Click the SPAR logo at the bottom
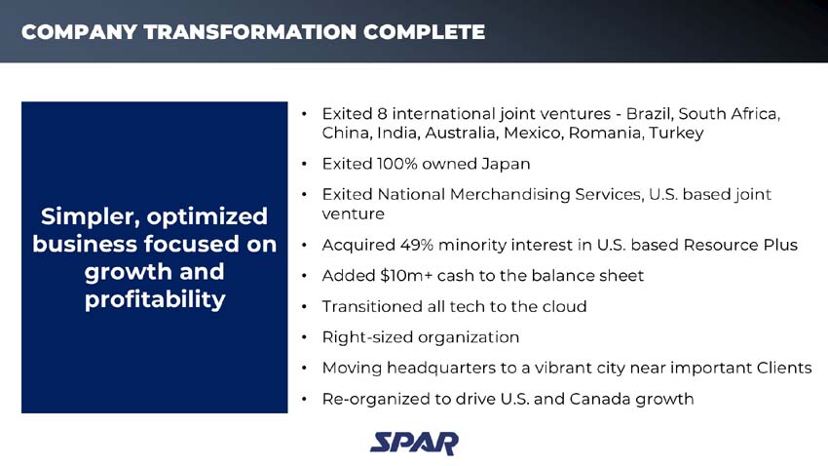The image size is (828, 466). click(413, 442)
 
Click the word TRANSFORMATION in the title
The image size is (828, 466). click(250, 32)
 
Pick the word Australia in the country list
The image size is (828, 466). click(459, 133)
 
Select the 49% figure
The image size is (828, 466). click(411, 245)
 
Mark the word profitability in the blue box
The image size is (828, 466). click(155, 299)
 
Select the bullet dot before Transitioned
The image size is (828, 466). click(306, 307)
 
